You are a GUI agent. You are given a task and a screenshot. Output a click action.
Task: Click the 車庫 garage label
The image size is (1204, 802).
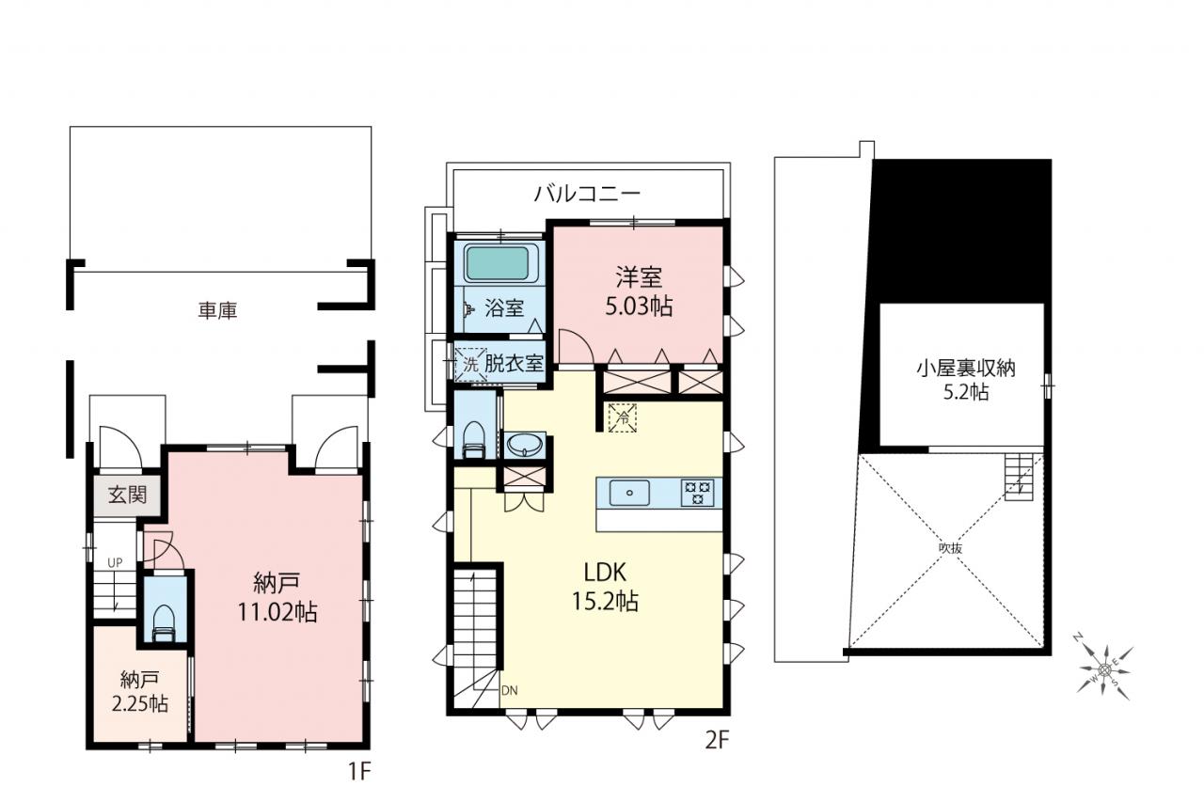click(217, 310)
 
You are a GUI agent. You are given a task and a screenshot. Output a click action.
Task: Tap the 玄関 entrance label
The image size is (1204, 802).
click(128, 495)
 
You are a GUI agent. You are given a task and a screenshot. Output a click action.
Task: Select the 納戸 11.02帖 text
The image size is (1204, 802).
click(277, 598)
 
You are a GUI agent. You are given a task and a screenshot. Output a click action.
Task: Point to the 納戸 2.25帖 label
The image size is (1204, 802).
click(140, 692)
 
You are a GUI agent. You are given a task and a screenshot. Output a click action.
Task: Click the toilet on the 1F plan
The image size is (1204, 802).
click(165, 623)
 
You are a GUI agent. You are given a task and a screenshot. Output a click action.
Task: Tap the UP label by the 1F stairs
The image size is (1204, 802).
click(115, 563)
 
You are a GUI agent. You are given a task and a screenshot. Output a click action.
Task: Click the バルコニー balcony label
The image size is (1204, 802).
click(588, 193)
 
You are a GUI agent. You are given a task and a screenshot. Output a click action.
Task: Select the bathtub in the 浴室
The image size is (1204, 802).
click(498, 263)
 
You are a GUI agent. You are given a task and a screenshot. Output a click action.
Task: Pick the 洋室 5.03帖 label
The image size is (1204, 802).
click(639, 292)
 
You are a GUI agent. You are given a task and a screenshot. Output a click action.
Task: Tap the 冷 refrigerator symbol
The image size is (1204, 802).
click(623, 417)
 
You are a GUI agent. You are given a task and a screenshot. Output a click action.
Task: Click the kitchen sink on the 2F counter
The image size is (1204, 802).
click(629, 493)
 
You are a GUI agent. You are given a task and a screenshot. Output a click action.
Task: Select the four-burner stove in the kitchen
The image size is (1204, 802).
click(698, 493)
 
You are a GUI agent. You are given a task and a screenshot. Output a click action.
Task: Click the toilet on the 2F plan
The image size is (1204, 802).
click(474, 440)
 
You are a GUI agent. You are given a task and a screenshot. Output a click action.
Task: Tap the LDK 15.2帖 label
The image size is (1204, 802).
click(605, 587)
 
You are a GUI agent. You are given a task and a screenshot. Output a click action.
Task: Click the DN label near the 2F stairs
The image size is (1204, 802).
click(510, 690)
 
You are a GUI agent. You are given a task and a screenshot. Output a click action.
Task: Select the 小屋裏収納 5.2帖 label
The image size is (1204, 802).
click(966, 381)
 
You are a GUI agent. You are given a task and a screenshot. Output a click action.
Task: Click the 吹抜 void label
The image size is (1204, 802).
click(950, 548)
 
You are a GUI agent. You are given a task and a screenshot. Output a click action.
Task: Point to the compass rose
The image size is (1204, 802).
click(1105, 669)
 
